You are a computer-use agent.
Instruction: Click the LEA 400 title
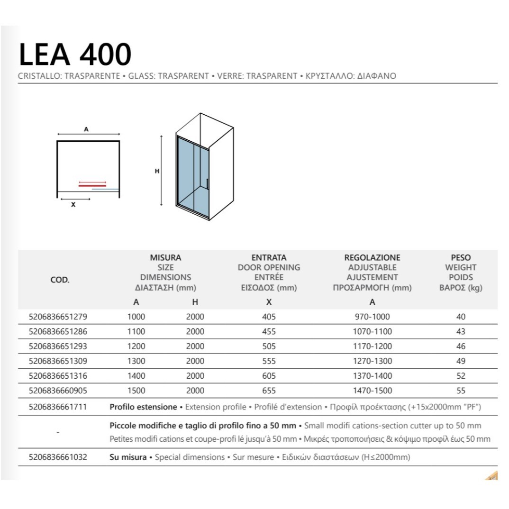coord(75,55)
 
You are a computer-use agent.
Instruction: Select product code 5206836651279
coord(59,317)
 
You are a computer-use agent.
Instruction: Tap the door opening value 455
coord(268,332)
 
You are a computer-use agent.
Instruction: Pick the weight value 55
coord(461,391)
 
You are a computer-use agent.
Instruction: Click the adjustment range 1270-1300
coord(373,361)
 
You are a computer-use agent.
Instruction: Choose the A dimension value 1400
coord(136,376)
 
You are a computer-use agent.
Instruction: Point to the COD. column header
coord(60,280)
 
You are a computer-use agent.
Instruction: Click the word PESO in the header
coord(461,258)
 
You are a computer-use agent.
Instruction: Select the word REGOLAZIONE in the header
coord(372,258)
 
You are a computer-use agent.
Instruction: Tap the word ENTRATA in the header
coord(269,258)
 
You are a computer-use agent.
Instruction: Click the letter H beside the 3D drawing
coord(157,172)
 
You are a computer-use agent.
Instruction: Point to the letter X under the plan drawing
coord(73,205)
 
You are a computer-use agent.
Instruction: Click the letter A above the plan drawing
coord(86,129)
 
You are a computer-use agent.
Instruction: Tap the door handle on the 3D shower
coord(207,185)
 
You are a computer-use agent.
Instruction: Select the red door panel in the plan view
coord(92,186)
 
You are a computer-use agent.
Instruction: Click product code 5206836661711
coord(59,407)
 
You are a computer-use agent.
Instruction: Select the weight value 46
coord(461,346)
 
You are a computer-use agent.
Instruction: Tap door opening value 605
coord(268,376)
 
